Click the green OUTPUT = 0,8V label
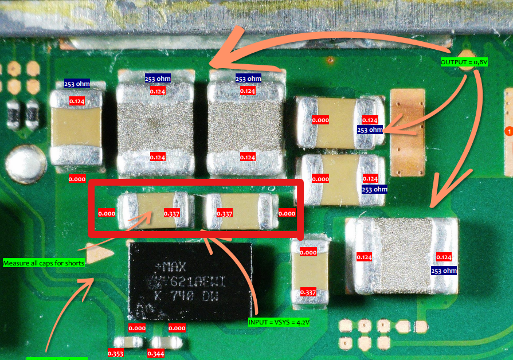click(463, 62)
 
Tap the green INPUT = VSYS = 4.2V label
click(279, 322)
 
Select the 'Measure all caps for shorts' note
click(44, 263)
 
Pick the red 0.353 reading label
click(115, 354)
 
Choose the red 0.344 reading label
click(156, 354)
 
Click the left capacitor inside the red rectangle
click(152, 210)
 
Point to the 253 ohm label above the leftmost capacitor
click(77, 84)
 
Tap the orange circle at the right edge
click(508, 131)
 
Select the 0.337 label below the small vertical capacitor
click(308, 292)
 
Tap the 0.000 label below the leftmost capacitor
click(77, 179)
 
